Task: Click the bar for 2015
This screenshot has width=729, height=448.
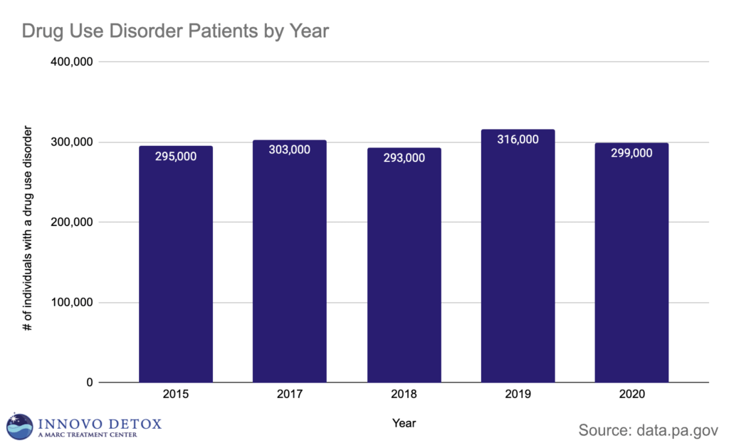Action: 175,271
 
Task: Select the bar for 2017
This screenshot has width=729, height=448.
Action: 289,271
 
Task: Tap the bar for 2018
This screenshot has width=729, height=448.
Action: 404,271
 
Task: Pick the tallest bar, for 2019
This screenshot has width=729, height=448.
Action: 518,264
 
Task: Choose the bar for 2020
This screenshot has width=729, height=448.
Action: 631,271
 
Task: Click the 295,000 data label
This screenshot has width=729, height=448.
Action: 175,157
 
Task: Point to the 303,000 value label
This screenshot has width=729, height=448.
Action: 289,150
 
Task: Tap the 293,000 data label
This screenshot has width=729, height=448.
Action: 404,158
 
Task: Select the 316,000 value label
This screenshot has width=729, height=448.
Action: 518,140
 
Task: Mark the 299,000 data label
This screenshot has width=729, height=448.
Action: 631,152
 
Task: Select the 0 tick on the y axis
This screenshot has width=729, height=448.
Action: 90,383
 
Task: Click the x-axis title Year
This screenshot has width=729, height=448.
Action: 404,423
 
